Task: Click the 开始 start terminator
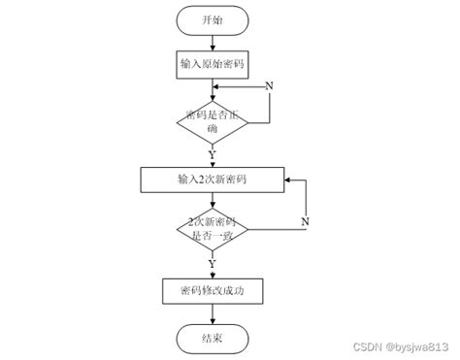(x=213, y=19)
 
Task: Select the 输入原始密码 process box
(x=213, y=64)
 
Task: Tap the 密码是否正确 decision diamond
(x=213, y=120)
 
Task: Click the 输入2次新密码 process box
(x=213, y=180)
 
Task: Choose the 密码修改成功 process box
(x=213, y=290)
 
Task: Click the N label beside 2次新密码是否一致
(x=304, y=224)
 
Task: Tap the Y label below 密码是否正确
(x=213, y=152)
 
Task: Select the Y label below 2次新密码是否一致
(x=213, y=263)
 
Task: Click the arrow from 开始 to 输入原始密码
(x=213, y=42)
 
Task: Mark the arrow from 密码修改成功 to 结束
(x=213, y=313)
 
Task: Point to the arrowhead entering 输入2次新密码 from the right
(x=289, y=180)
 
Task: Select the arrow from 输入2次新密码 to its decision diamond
(x=213, y=201)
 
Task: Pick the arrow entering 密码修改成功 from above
(x=213, y=271)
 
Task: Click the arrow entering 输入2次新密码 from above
(x=213, y=160)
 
